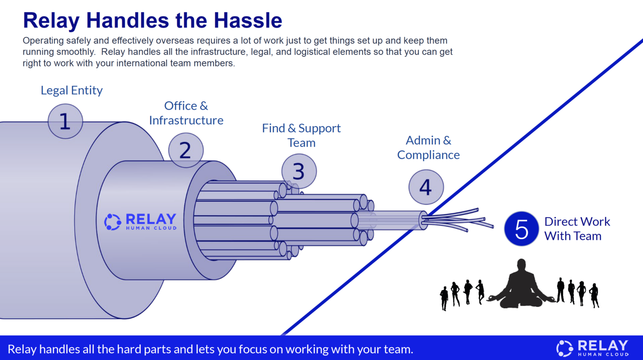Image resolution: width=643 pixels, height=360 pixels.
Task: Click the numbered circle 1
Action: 65,121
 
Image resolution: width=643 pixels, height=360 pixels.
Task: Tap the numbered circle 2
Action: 185,150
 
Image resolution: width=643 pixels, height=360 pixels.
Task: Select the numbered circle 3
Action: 298,171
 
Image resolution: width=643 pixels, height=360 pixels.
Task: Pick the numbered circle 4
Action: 426,187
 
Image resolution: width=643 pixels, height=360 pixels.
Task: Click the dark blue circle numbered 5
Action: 521,229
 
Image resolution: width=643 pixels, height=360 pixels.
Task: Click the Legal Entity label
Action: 72,90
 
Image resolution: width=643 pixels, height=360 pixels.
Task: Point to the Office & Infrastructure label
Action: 186,113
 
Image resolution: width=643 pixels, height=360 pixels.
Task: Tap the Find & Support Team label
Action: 301,135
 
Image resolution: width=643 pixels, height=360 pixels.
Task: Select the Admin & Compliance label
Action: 428,147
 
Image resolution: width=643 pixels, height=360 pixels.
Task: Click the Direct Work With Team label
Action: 577,229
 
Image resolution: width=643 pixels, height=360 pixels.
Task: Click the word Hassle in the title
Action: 248,21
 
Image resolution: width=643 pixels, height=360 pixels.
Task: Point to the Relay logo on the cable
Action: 141,222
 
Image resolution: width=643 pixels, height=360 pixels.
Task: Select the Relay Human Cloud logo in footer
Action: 592,348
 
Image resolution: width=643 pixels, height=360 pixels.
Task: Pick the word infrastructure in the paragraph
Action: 219,52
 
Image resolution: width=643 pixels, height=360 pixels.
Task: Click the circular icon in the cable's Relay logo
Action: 113,222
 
